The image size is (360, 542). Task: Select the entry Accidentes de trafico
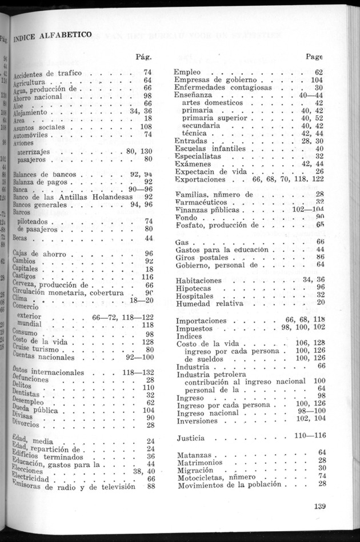(48, 74)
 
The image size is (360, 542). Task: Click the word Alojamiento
(33, 111)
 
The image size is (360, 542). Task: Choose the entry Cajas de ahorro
(39, 253)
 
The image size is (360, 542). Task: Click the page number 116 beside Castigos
(147, 277)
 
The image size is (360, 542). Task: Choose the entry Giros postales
(202, 258)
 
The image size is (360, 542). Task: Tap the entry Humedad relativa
(210, 303)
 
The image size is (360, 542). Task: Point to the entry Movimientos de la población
(230, 484)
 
